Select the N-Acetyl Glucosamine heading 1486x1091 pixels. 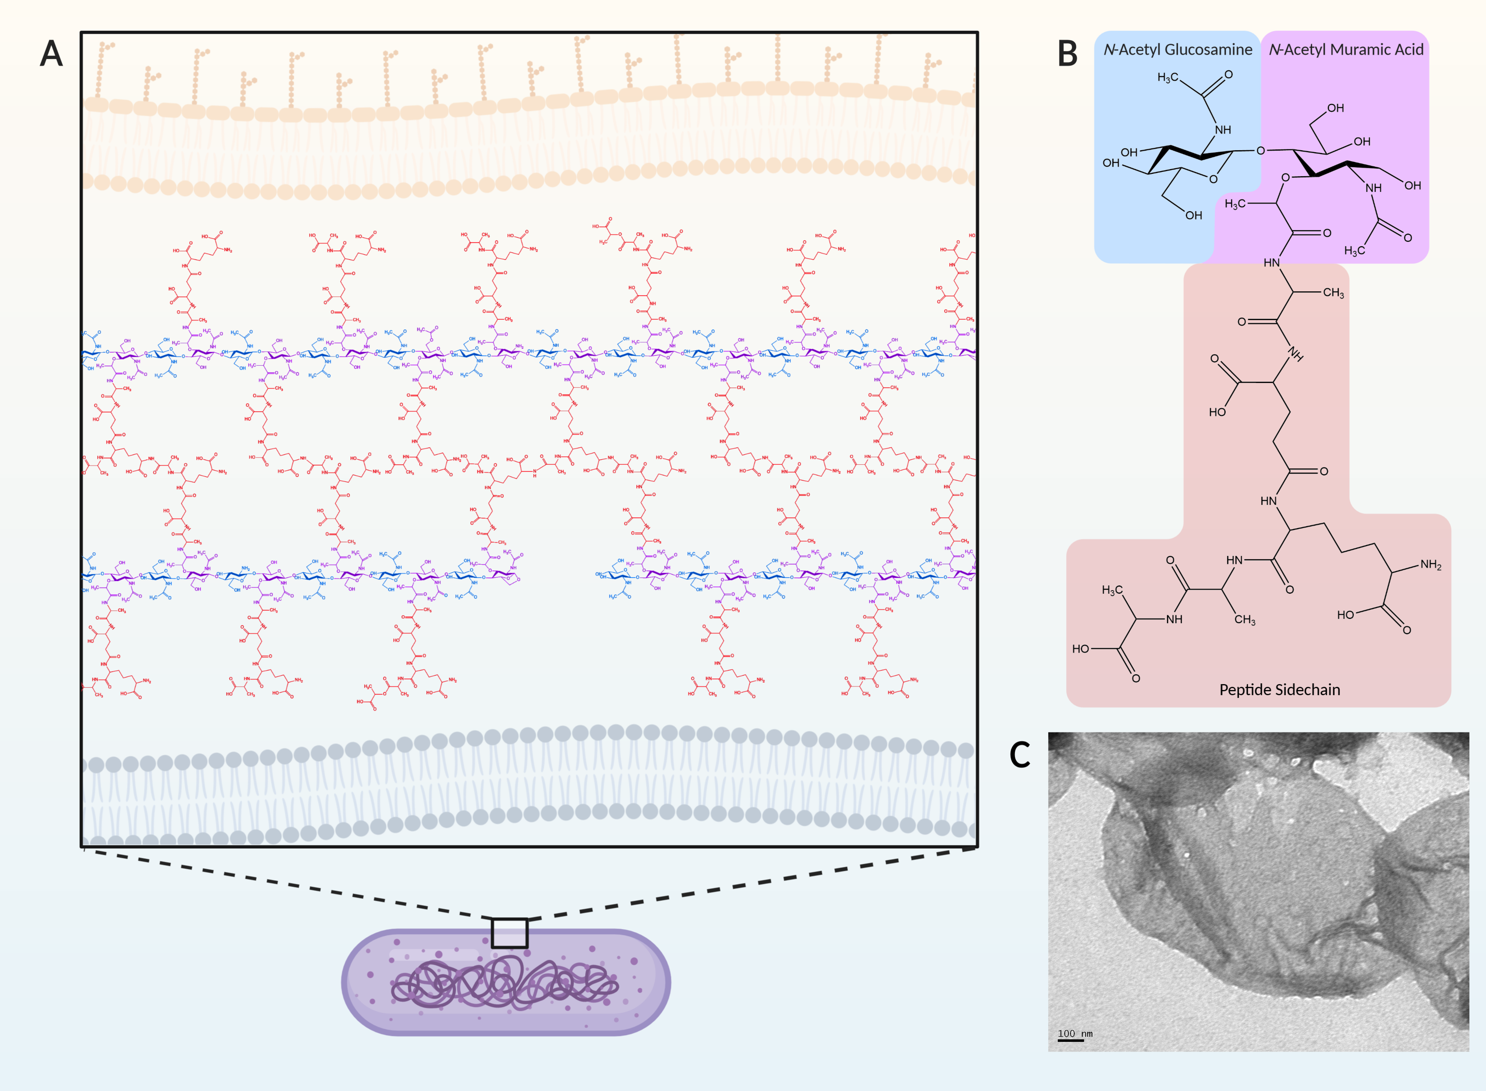click(x=1178, y=50)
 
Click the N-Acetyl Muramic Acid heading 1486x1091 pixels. click(x=1346, y=50)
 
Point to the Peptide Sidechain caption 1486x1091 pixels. click(x=1279, y=690)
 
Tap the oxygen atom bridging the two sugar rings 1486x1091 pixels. click(x=1260, y=151)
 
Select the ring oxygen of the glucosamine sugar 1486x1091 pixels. click(x=1213, y=179)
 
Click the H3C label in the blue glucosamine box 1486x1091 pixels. click(x=1167, y=78)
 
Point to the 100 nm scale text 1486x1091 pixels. click(x=1075, y=1034)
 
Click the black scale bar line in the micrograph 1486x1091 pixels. click(x=1071, y=1041)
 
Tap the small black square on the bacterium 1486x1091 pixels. click(x=509, y=933)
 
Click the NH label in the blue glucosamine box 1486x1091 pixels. click(x=1223, y=130)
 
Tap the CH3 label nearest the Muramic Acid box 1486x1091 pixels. click(x=1333, y=293)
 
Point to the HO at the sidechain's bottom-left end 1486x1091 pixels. click(x=1081, y=649)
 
